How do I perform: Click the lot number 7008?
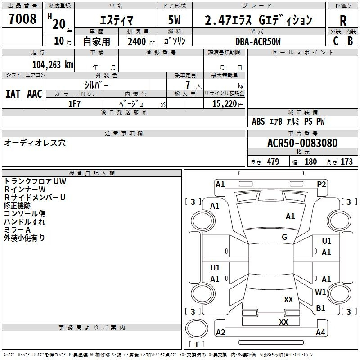[x=22, y=18]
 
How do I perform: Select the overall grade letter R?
[x=343, y=21]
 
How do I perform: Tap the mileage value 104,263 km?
[x=53, y=65]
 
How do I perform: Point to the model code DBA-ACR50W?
[x=258, y=41]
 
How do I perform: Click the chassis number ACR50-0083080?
[x=302, y=143]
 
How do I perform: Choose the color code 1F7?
[x=74, y=104]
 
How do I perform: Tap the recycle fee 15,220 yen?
[x=228, y=104]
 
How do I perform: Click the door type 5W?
[x=174, y=20]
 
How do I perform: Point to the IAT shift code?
[x=13, y=94]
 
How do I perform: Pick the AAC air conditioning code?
[x=35, y=94]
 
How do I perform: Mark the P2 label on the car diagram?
[x=321, y=184]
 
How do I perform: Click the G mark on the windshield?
[x=284, y=237]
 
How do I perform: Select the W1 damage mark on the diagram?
[x=320, y=292]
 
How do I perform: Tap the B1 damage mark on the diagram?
[x=320, y=308]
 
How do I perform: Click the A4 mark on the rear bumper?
[x=320, y=332]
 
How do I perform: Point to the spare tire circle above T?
[x=197, y=328]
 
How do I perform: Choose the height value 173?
[x=346, y=162]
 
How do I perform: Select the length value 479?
[x=273, y=162]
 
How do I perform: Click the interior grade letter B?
[x=351, y=41]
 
